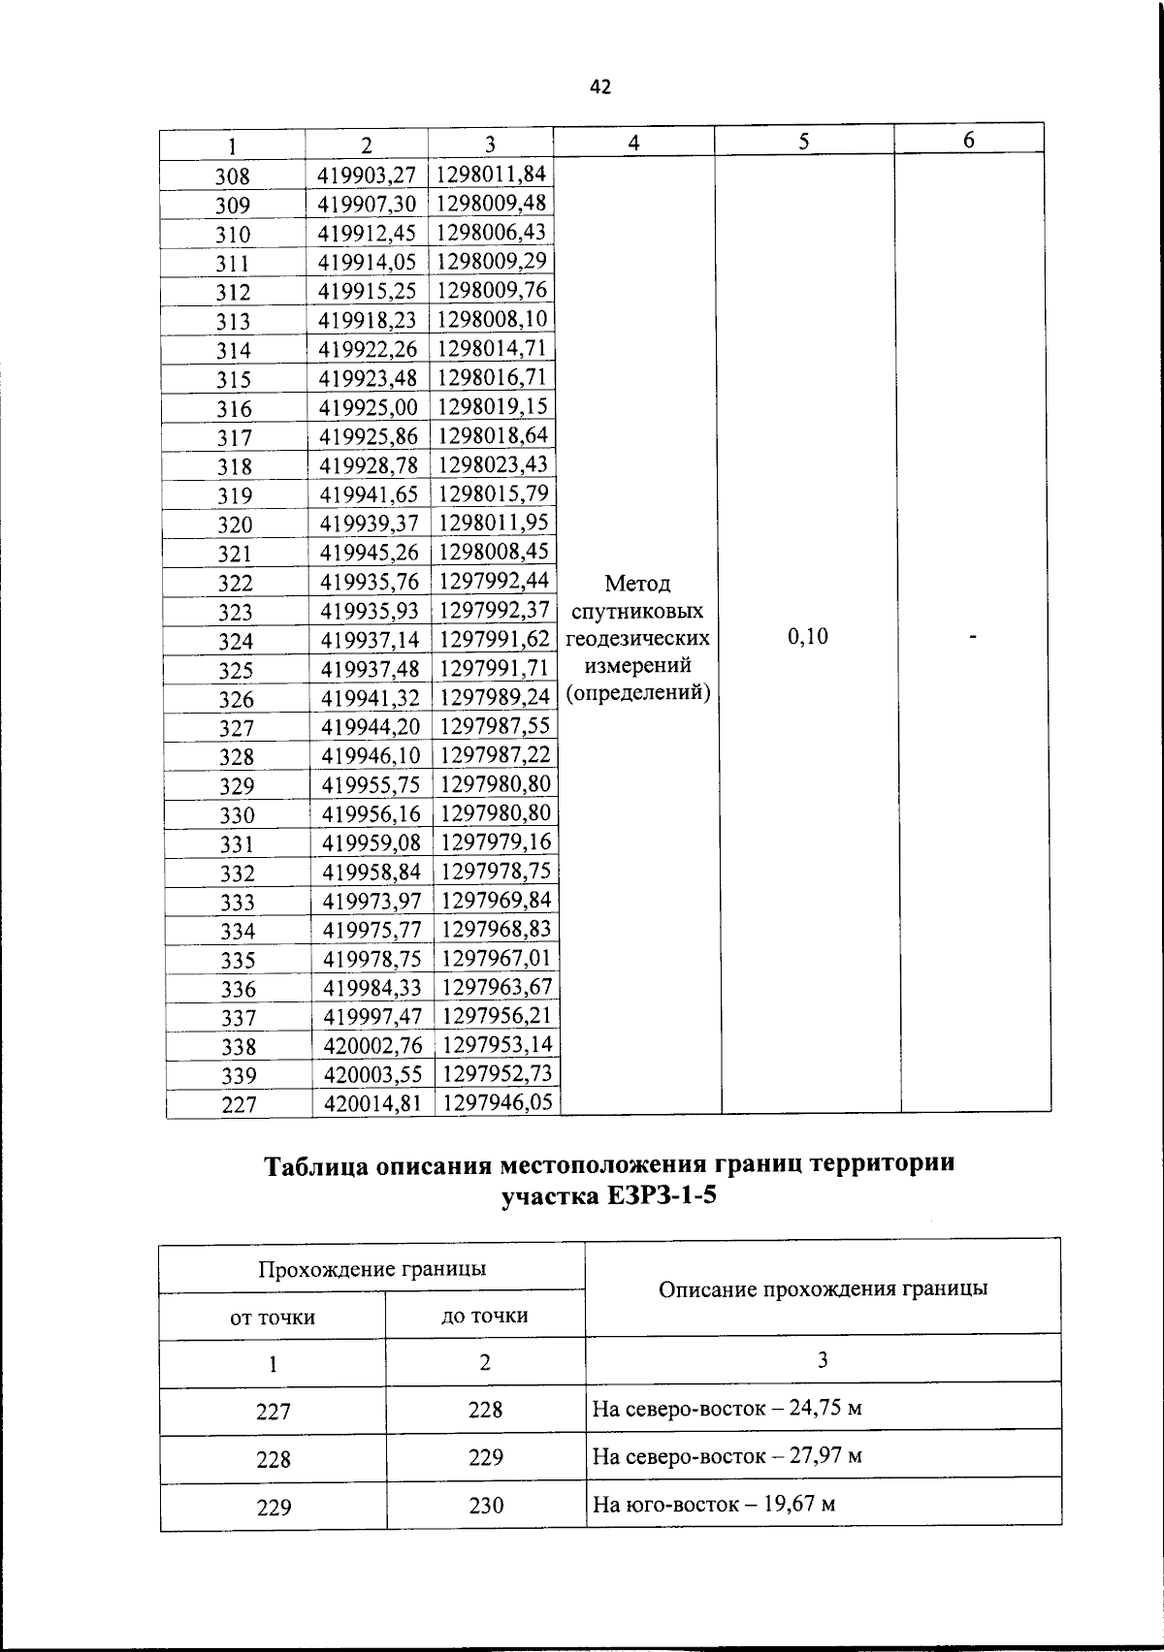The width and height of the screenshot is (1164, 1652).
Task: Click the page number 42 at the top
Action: click(600, 87)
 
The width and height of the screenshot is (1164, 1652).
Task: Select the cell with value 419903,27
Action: click(368, 175)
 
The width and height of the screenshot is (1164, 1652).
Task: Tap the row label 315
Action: click(234, 379)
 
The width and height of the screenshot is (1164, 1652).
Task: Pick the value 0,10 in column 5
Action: click(808, 636)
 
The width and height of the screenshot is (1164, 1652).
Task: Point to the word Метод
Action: click(637, 584)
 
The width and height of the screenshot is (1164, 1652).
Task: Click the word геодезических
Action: click(638, 639)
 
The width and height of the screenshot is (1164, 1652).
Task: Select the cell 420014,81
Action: click(373, 1102)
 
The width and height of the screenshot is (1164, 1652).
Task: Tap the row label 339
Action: click(239, 1075)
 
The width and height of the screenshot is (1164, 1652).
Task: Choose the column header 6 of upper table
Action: click(968, 141)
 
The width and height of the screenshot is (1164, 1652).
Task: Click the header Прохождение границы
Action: click(372, 1269)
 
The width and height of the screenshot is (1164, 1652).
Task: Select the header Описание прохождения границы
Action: click(823, 1289)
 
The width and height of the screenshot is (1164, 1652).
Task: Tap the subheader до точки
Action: click(485, 1317)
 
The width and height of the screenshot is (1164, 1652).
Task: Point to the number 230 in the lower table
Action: click(486, 1506)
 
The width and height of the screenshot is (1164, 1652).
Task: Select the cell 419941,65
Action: click(370, 495)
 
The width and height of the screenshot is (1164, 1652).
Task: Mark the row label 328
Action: click(237, 756)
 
